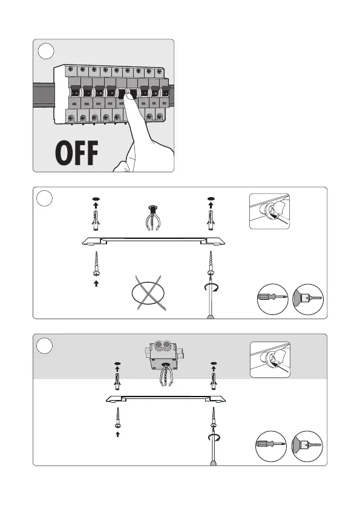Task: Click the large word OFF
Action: pyautogui.click(x=77, y=153)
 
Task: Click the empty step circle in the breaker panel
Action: pyautogui.click(x=46, y=51)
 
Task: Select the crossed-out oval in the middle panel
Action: pyautogui.click(x=148, y=293)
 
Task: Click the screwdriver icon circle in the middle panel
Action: pyautogui.click(x=273, y=299)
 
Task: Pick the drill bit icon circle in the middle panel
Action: pyautogui.click(x=308, y=299)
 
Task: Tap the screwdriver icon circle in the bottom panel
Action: pyautogui.click(x=271, y=446)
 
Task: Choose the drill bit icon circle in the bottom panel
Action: pyautogui.click(x=307, y=446)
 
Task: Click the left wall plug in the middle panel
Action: pyautogui.click(x=96, y=221)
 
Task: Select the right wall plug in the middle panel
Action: pyautogui.click(x=211, y=221)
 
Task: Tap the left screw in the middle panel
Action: pyautogui.click(x=96, y=264)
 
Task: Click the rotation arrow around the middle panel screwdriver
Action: pyautogui.click(x=212, y=288)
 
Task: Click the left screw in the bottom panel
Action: pyautogui.click(x=117, y=418)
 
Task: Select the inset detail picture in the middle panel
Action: pyautogui.click(x=269, y=212)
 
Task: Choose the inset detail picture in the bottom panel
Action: pyautogui.click(x=270, y=360)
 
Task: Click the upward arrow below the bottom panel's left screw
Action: pyautogui.click(x=117, y=434)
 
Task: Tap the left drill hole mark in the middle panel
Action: pyautogui.click(x=96, y=199)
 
